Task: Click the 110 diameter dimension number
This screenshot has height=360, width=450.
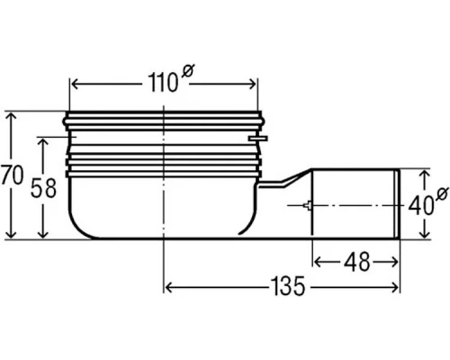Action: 163,83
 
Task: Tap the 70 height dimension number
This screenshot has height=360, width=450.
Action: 12,175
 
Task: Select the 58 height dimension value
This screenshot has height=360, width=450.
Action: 43,188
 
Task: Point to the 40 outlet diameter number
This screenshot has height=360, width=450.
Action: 421,205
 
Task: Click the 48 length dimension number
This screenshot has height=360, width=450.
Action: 356,262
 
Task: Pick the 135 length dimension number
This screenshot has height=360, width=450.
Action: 287,286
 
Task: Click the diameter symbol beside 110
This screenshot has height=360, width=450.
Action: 188,71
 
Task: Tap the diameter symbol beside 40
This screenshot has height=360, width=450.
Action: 443,193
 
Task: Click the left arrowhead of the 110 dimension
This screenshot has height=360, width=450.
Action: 75,85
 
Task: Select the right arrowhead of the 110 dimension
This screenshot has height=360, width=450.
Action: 251,85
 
